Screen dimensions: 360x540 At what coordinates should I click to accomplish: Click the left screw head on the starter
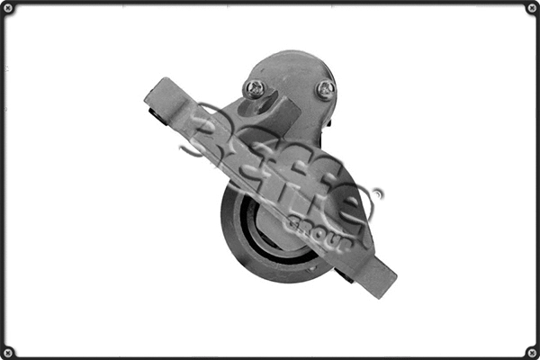[x=256, y=88]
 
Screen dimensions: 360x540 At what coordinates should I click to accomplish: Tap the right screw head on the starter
[x=325, y=89]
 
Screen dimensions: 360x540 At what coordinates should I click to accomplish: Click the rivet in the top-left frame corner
[x=8, y=8]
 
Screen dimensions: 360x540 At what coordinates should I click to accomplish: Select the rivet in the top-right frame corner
[x=531, y=8]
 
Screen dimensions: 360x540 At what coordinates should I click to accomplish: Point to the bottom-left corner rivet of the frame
[x=8, y=351]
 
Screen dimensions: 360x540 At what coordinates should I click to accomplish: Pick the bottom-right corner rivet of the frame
[x=531, y=351]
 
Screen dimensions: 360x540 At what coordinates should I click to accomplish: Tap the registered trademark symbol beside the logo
[x=376, y=193]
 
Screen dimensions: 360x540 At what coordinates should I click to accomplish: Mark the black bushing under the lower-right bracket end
[x=347, y=274]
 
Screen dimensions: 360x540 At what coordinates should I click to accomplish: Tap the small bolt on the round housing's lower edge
[x=310, y=267]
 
